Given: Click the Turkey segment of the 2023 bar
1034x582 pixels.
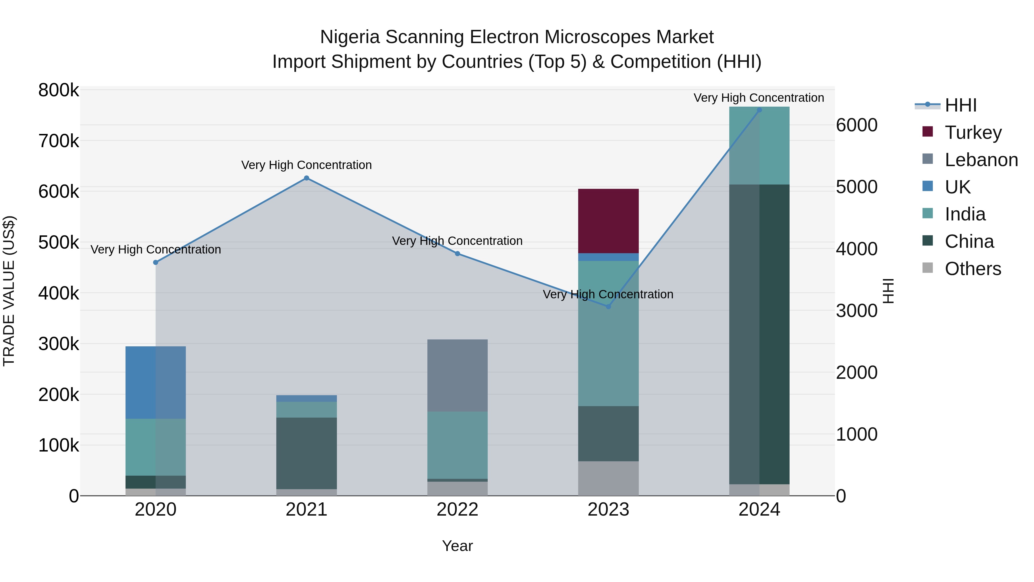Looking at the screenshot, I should pyautogui.click(x=608, y=221).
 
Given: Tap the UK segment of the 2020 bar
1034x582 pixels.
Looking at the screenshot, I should pyautogui.click(x=155, y=382).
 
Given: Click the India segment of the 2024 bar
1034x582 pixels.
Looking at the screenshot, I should pyautogui.click(x=759, y=145).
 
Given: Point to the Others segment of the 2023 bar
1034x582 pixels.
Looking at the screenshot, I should pyautogui.click(x=608, y=478).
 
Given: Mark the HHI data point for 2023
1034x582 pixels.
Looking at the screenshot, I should pyautogui.click(x=608, y=306).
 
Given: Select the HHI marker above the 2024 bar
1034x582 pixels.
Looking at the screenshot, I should pyautogui.click(x=759, y=110).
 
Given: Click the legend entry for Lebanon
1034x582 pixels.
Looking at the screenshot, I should pyautogui.click(x=981, y=160).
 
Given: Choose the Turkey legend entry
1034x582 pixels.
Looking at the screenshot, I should pyautogui.click(x=973, y=132).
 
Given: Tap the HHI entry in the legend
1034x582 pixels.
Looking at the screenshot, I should pyautogui.click(x=960, y=105).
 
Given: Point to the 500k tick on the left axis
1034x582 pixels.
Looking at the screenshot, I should pyautogui.click(x=59, y=242).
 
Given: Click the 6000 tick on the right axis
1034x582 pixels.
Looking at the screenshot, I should pyautogui.click(x=856, y=125).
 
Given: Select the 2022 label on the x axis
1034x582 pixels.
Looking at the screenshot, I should pyautogui.click(x=457, y=510).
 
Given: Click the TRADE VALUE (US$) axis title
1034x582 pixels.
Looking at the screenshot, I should pyautogui.click(x=9, y=291).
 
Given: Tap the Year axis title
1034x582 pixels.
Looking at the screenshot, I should pyautogui.click(x=457, y=546).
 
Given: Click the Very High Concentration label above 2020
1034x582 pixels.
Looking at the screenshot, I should pyautogui.click(x=156, y=249).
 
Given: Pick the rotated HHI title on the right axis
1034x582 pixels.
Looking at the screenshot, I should pyautogui.click(x=889, y=291).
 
